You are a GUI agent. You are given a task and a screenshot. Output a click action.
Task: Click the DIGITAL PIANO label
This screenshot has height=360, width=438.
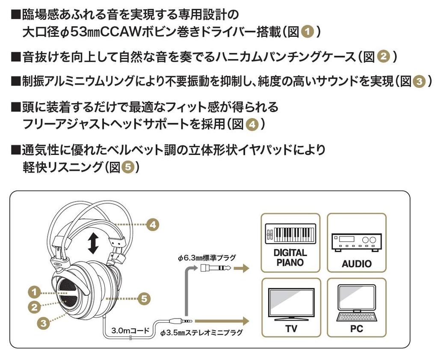290,258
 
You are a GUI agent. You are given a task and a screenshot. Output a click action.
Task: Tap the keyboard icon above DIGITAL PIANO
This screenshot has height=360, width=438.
290,234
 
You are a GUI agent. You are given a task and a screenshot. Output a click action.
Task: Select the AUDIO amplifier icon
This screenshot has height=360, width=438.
356,243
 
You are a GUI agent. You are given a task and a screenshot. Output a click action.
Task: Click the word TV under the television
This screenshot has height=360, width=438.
291,329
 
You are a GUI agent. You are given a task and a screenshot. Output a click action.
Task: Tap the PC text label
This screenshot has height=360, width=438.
356,329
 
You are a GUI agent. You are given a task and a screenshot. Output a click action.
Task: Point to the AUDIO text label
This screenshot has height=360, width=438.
356,264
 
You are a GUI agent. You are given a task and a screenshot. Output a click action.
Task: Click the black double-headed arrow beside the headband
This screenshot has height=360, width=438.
93,243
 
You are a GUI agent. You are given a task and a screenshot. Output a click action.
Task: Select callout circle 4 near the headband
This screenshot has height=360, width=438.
153,224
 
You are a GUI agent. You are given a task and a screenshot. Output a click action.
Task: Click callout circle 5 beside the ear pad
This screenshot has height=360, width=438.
145,298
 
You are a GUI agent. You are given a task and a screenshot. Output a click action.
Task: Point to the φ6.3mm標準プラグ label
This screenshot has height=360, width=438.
207,258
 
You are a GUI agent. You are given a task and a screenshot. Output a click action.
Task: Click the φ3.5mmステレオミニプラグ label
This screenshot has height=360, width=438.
201,332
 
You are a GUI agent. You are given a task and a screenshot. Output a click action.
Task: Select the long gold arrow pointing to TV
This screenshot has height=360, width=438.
222,320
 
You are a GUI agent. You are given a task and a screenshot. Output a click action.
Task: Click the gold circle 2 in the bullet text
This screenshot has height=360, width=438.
384,57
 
